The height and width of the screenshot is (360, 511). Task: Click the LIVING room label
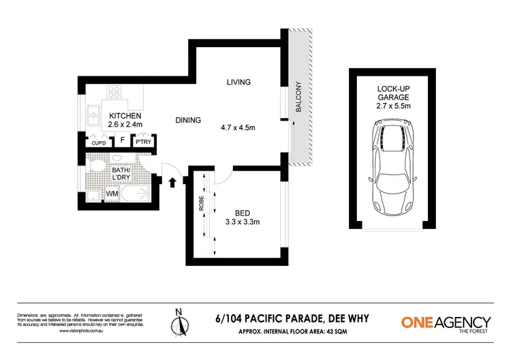pos(239,82)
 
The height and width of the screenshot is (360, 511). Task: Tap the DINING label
pos(188,120)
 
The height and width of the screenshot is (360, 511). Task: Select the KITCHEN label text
pos(125,116)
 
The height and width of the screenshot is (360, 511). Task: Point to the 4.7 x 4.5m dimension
pos(240,127)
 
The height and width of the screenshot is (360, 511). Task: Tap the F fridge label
pos(123,141)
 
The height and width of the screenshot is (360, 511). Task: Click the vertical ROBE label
pos(202,204)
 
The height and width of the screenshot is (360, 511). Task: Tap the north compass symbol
pos(179,324)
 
